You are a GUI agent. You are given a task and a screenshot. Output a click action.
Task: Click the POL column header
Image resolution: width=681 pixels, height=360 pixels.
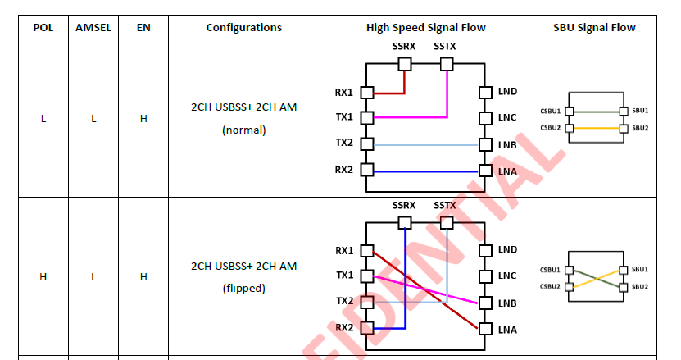[x=43, y=27]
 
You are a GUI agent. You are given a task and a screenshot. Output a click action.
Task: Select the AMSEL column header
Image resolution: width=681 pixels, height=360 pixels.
[x=93, y=27]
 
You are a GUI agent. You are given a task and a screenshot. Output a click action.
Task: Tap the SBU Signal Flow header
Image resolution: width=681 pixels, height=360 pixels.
[x=594, y=27]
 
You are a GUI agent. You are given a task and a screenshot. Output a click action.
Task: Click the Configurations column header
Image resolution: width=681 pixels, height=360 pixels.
[x=243, y=27]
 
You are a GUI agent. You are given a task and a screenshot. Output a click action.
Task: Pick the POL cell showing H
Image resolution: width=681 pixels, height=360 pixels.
[x=43, y=277]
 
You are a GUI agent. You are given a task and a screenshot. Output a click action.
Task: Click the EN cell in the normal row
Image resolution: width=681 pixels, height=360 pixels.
[x=143, y=119]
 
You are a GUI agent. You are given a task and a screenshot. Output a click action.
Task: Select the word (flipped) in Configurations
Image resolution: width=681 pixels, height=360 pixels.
[x=243, y=289]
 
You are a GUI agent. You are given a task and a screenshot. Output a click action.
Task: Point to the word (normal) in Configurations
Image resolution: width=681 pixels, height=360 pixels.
[x=243, y=130]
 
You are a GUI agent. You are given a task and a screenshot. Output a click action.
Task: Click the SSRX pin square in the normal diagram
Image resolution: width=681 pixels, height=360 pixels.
[x=405, y=64]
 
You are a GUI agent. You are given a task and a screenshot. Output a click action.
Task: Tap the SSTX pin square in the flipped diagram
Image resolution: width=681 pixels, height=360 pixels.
[x=447, y=223]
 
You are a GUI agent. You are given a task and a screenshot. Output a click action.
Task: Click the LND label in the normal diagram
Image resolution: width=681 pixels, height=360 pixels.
[x=507, y=91]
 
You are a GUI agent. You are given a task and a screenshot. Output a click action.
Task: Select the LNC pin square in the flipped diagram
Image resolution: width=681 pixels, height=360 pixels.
[x=485, y=276]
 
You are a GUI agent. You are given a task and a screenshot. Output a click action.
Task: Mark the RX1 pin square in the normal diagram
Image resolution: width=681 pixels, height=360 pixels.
[x=367, y=92]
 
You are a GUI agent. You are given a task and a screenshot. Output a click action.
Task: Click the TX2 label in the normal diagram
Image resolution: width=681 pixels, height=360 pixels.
[x=344, y=143]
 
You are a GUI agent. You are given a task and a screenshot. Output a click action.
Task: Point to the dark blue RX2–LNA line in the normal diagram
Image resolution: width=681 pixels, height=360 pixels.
[x=426, y=171]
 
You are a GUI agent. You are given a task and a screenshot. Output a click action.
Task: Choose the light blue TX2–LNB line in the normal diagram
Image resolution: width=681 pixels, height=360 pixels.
[x=426, y=145]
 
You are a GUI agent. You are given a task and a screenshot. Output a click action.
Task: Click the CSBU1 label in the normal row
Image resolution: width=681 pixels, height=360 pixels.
[x=550, y=112]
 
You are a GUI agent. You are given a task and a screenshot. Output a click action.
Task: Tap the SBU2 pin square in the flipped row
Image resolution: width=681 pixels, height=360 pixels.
[x=624, y=287]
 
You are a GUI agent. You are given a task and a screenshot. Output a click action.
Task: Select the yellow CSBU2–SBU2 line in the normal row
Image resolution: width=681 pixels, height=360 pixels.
[x=597, y=128]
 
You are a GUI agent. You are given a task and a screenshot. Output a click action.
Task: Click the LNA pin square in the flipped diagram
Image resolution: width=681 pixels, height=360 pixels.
[x=485, y=329]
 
